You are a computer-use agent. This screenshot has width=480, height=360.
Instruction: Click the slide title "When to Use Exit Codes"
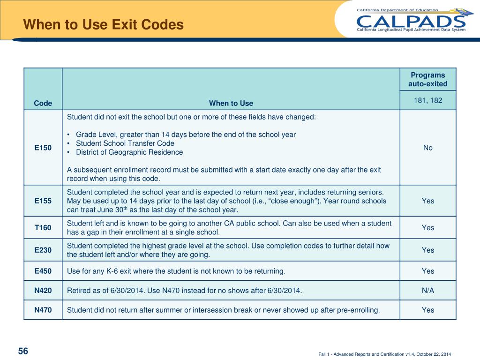click(104, 24)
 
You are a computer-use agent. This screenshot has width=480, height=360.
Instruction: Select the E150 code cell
click(43, 148)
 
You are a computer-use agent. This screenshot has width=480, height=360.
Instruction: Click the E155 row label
click(43, 201)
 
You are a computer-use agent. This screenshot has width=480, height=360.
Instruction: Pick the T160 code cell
click(43, 228)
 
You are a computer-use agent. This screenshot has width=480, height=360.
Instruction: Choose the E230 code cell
click(43, 250)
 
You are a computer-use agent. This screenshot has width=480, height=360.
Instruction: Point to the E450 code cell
click(43, 271)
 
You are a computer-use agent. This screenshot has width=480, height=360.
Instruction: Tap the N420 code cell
click(43, 291)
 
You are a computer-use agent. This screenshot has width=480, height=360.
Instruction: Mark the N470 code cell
click(43, 310)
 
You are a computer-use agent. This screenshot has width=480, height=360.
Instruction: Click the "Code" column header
click(43, 103)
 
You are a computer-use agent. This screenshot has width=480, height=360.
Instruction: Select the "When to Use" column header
click(231, 103)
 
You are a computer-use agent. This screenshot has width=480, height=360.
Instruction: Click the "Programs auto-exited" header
click(428, 80)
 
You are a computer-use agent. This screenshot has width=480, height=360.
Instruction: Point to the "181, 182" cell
click(428, 100)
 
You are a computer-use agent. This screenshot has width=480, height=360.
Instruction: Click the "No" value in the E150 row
click(428, 148)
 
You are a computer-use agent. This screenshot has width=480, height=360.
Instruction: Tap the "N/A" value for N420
click(428, 291)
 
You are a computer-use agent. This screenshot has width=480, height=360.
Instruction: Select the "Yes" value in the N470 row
click(428, 310)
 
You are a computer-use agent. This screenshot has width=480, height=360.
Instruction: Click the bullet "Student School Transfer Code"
click(125, 143)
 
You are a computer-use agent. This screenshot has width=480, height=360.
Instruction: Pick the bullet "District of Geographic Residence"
click(129, 152)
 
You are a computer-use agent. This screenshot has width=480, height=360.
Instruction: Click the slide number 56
click(23, 351)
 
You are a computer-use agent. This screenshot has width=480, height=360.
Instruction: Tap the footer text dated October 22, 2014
click(385, 354)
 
